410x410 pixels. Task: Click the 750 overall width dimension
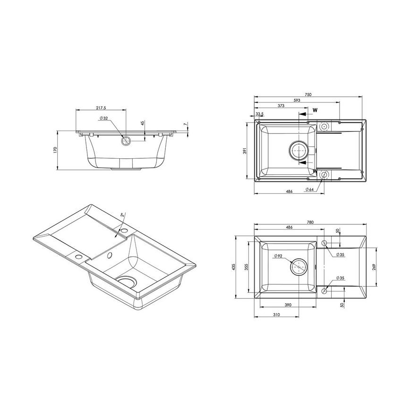[x=308, y=95]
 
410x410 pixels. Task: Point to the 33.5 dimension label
[x=259, y=114]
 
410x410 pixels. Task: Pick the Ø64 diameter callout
[x=309, y=189]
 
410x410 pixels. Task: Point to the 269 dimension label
[x=374, y=267]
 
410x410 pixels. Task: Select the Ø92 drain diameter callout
[x=278, y=256]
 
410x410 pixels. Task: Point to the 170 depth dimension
[x=56, y=150]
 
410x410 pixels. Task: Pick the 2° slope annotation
[x=123, y=215]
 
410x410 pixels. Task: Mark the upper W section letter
[x=315, y=110]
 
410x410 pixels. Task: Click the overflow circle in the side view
[x=126, y=140]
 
